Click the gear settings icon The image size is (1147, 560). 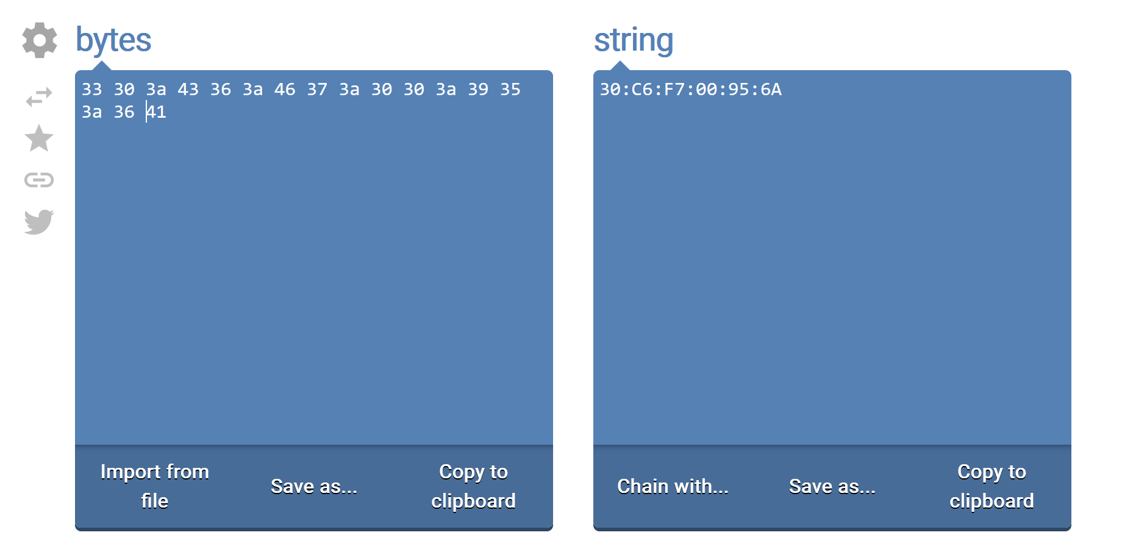40,40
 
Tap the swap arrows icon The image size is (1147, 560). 39,96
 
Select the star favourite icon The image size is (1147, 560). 39,138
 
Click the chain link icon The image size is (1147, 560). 39,180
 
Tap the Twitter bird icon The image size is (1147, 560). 39,222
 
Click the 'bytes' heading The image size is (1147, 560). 113,41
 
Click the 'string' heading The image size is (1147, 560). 634,41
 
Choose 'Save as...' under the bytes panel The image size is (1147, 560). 314,486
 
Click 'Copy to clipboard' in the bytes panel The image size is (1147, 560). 473,486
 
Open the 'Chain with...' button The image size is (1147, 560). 673,486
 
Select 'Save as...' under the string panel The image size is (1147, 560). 832,486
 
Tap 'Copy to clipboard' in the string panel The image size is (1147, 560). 992,486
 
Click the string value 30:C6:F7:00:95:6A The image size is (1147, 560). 691,90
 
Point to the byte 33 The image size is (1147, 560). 92,90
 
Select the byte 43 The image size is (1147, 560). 188,90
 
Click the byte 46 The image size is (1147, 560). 285,90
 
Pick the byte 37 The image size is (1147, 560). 317,90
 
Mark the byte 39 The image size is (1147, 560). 478,90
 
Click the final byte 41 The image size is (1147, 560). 157,112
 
